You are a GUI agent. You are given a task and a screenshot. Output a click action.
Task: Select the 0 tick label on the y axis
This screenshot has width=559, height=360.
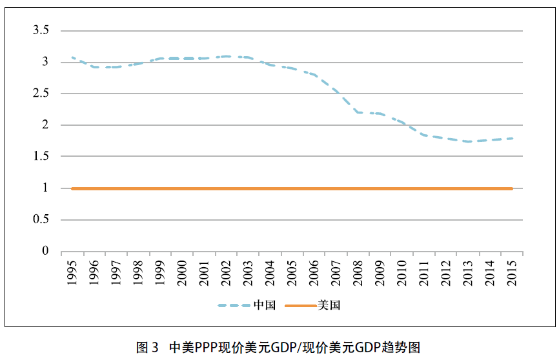(x=45, y=251)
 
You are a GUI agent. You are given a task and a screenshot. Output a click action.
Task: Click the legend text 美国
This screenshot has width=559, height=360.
(x=329, y=305)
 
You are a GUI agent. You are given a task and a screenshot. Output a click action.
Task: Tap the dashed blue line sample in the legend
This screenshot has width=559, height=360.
(x=235, y=305)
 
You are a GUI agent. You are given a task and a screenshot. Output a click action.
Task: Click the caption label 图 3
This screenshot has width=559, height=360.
(x=147, y=347)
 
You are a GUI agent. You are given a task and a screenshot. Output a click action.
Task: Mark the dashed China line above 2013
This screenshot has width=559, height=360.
(x=468, y=141)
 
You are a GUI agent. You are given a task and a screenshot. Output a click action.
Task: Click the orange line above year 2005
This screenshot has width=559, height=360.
(x=292, y=188)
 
